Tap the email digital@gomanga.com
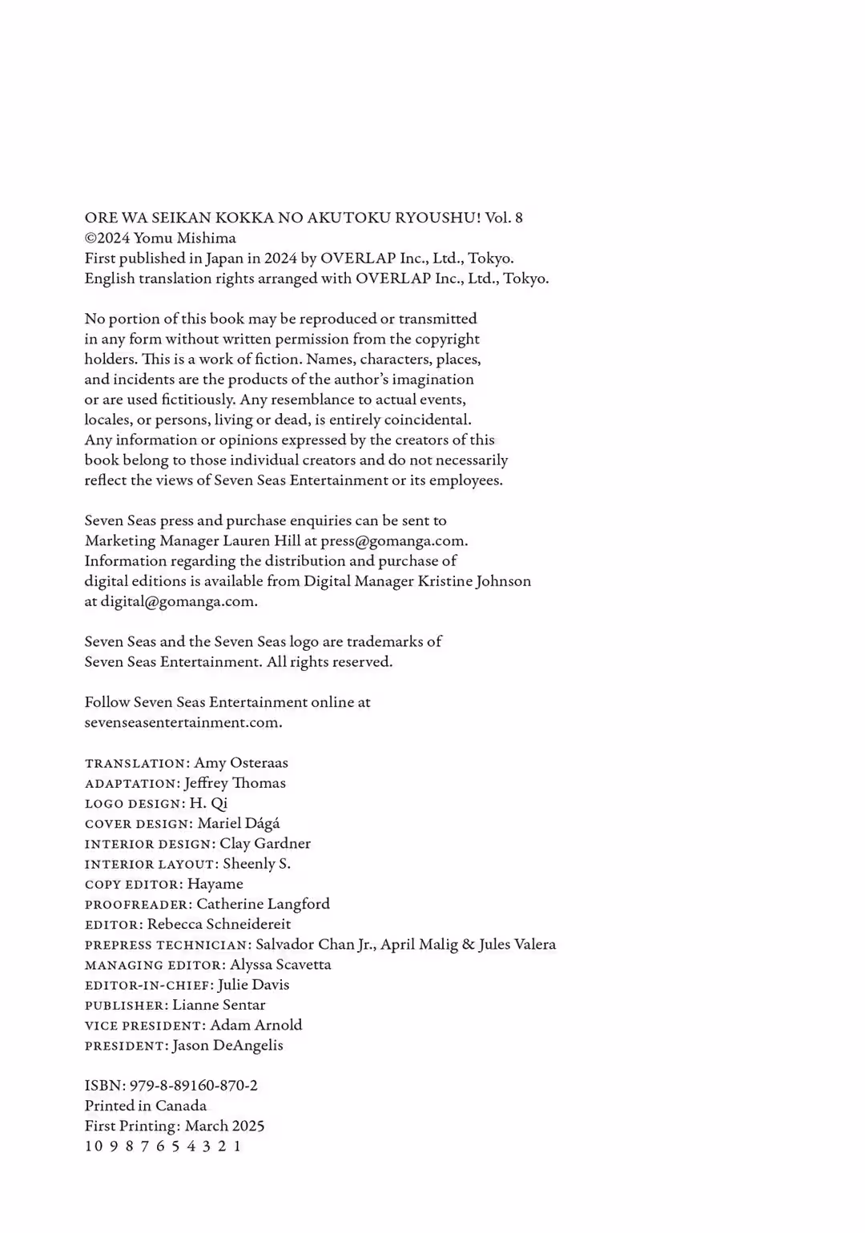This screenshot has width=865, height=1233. tap(178, 601)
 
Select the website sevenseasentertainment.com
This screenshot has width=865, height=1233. tap(182, 722)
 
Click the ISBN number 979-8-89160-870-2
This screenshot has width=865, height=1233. tap(193, 1086)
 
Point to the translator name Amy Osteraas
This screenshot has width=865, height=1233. tap(241, 763)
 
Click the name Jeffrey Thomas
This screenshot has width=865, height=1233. tap(235, 783)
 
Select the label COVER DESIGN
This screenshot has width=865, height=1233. tap(138, 824)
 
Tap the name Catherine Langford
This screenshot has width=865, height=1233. tap(263, 904)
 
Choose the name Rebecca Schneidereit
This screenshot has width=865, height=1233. tap(219, 924)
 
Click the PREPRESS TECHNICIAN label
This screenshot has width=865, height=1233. tap(167, 945)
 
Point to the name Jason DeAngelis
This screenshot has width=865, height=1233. tap(227, 1046)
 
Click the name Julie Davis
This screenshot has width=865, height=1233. tap(253, 985)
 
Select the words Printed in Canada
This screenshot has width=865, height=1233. tap(146, 1106)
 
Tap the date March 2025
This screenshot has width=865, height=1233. tap(224, 1126)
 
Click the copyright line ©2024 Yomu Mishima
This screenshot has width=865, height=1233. tap(160, 238)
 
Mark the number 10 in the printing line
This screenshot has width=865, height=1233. tap(94, 1146)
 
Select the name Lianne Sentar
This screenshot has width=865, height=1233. tap(219, 1005)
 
